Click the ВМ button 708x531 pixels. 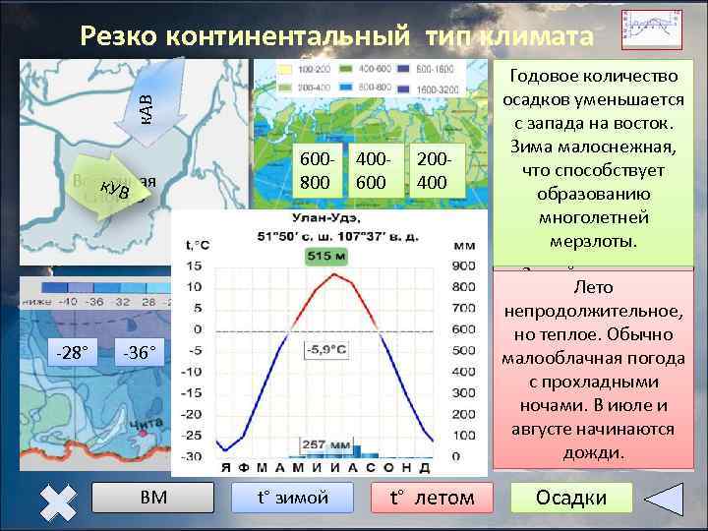coord(153,498)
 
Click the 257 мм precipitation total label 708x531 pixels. coord(326,446)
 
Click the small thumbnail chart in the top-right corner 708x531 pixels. coord(652,29)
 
